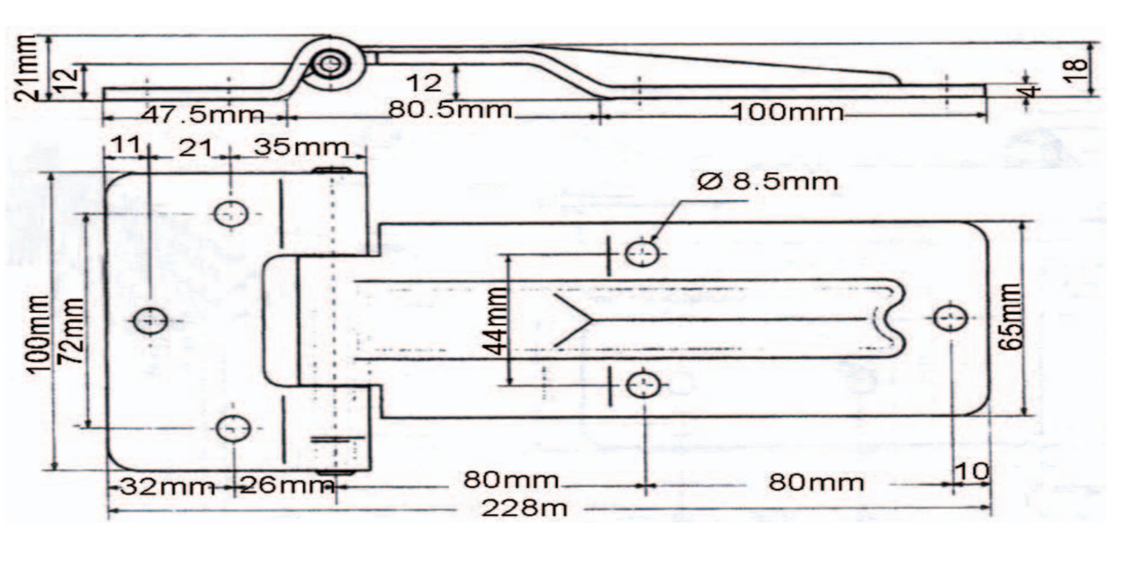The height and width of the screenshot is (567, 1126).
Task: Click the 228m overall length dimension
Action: click(x=524, y=508)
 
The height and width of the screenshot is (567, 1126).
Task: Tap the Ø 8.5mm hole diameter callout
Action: click(x=767, y=181)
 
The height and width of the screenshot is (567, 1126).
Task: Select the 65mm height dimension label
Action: click(x=1011, y=317)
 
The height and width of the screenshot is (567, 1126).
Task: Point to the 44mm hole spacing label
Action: click(x=496, y=320)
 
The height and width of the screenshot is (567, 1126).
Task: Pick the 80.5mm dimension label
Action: click(x=450, y=109)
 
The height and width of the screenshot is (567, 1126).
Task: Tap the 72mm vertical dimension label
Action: click(x=72, y=330)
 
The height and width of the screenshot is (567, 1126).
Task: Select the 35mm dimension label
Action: click(x=302, y=147)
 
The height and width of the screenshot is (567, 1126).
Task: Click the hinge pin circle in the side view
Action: click(x=330, y=65)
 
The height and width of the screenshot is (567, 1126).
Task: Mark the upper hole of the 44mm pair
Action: click(x=642, y=253)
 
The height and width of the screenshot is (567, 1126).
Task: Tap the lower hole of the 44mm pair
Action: click(x=643, y=385)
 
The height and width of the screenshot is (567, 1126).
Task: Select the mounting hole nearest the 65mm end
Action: click(x=950, y=318)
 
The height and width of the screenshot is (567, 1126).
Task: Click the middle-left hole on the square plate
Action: click(x=150, y=320)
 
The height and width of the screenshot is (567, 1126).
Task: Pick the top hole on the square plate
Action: click(x=231, y=214)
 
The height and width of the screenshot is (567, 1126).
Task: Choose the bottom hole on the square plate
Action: click(x=233, y=428)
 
